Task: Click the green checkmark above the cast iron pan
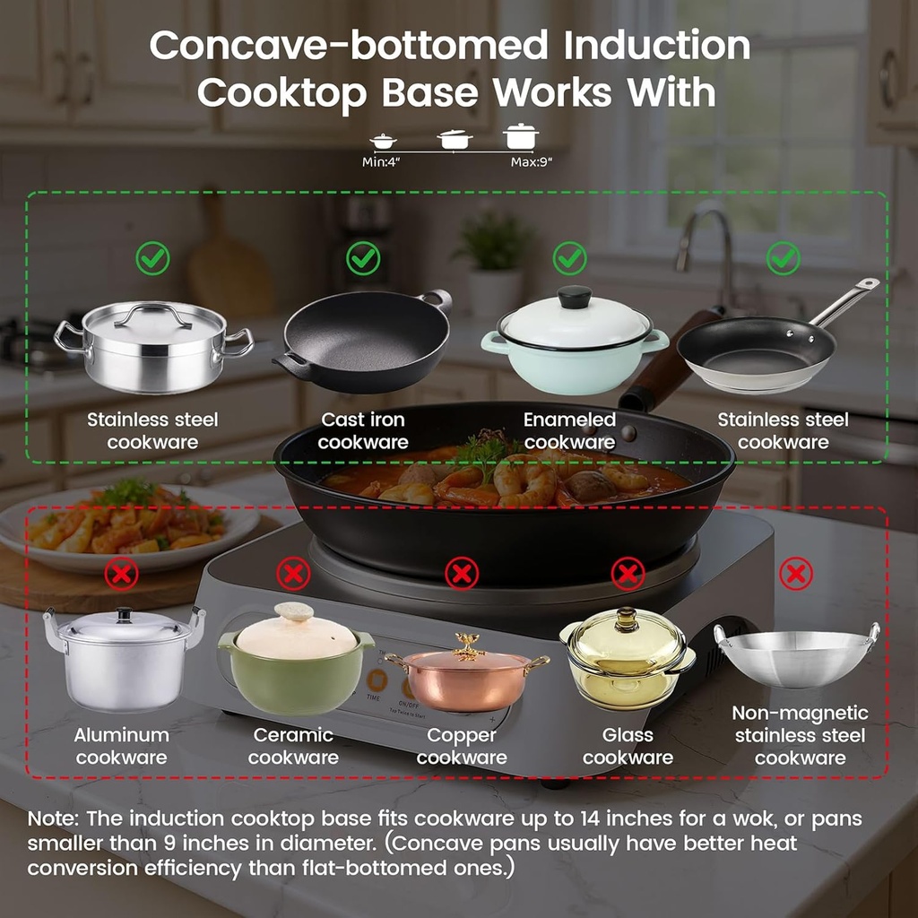click(x=363, y=259)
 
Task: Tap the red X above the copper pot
click(x=462, y=573)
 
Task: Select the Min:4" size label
click(x=381, y=162)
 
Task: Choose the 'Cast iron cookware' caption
click(x=363, y=430)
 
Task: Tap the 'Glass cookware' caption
click(x=628, y=746)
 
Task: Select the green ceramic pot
click(x=295, y=662)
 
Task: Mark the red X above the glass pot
click(x=628, y=573)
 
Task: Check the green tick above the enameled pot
click(x=569, y=259)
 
